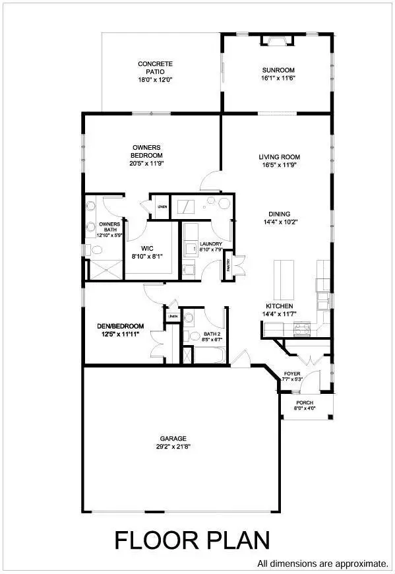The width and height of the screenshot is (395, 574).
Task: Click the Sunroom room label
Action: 278,70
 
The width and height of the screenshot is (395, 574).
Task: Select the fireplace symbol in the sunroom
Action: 273,41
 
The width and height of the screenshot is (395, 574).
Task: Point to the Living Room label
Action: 279,157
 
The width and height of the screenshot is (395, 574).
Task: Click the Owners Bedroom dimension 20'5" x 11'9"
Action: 146,164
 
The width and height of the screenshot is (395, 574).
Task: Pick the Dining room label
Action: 279,214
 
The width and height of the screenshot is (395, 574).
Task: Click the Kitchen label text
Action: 279,307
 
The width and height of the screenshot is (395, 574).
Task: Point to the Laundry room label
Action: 210,244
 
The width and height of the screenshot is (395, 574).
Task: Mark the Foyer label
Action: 292,374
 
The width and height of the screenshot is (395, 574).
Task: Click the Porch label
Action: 304,402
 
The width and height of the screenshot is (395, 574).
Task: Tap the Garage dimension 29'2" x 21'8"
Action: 173,446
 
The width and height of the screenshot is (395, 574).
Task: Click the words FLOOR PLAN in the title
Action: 192,540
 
